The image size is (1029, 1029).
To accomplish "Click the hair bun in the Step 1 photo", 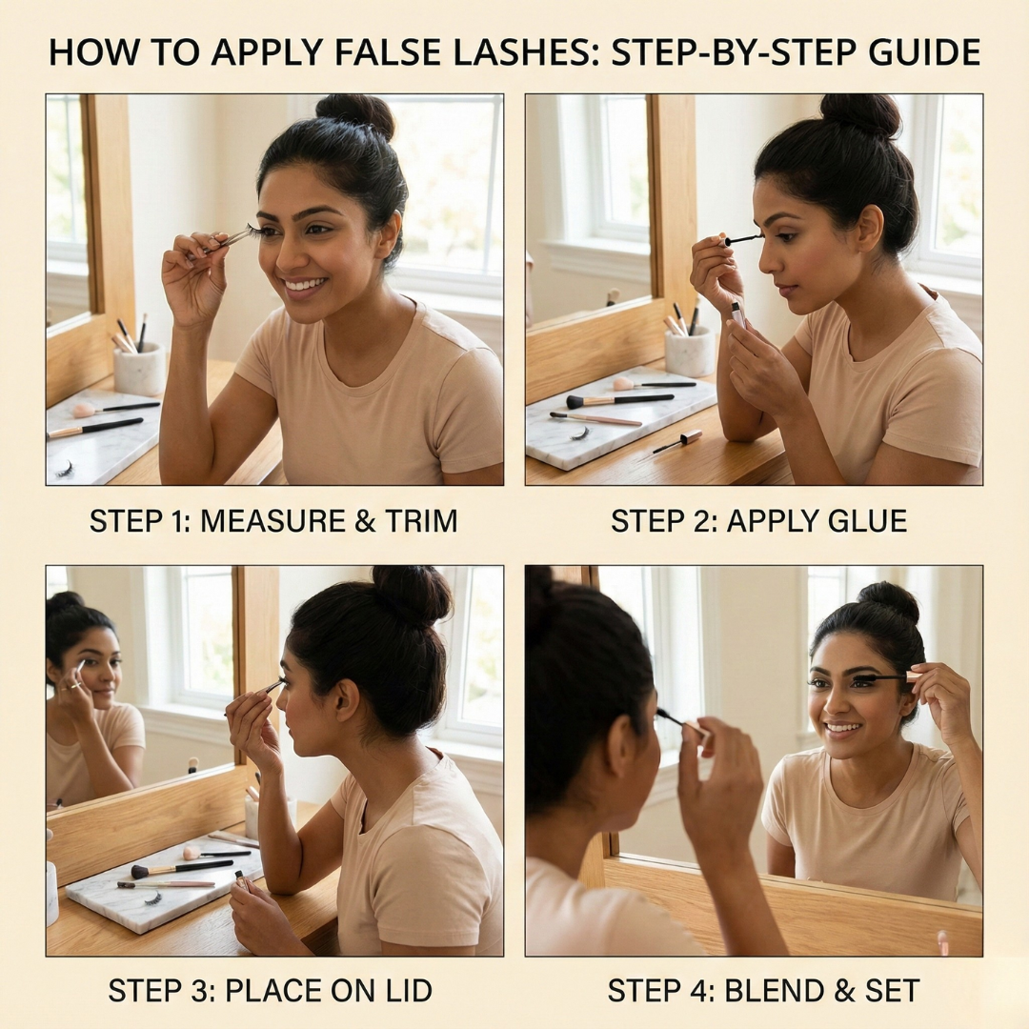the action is click(x=355, y=116).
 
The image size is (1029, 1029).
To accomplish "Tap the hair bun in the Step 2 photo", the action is click(x=860, y=116).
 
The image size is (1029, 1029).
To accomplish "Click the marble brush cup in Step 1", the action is click(x=139, y=369).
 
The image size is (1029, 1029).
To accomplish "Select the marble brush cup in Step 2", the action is click(x=690, y=352).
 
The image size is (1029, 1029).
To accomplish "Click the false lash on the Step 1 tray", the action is click(x=65, y=469).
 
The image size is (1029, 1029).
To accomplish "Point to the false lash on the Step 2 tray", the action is click(x=579, y=434).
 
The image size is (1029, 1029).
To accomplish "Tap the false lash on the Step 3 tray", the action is click(x=151, y=897).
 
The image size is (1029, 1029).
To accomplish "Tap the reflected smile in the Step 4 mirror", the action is click(x=842, y=729).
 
